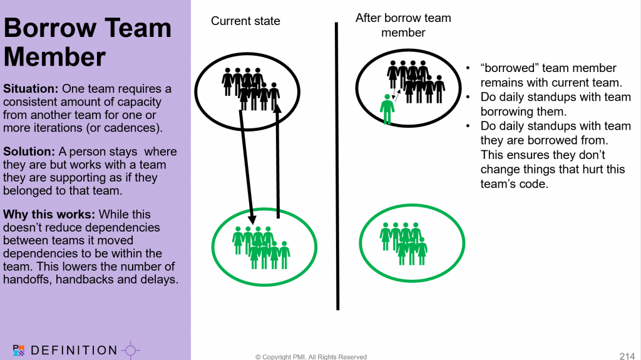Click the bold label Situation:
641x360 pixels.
[31, 89]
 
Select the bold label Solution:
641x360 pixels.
[29, 152]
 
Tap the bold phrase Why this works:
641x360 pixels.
[49, 214]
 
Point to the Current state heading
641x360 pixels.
[245, 21]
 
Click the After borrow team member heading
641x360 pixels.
[403, 25]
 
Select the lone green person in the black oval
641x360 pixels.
[387, 109]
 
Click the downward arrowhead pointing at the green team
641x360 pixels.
[252, 217]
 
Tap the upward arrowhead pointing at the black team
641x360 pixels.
[277, 108]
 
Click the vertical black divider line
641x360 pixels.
[337, 166]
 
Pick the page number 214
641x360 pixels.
[627, 356]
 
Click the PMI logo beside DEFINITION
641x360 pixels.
[19, 350]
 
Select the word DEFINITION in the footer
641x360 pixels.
[74, 350]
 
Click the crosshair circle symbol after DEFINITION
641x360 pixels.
[130, 350]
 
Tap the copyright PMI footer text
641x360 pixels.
[311, 357]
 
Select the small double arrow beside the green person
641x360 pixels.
[396, 95]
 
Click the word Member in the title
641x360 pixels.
[55, 56]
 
